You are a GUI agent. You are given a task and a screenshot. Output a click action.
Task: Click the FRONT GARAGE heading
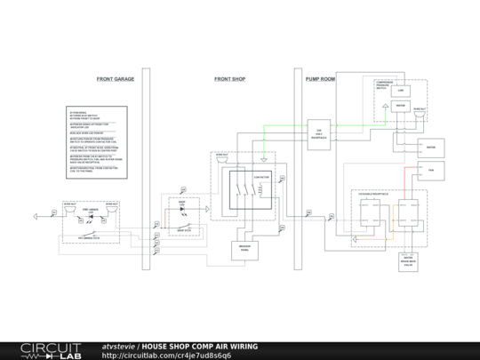click(116, 79)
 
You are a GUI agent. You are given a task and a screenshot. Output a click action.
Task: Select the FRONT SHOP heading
click(230, 79)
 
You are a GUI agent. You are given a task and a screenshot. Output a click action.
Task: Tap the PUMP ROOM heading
click(320, 79)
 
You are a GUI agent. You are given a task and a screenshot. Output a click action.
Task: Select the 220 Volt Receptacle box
click(319, 133)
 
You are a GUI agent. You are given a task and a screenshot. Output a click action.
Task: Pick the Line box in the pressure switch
click(401, 91)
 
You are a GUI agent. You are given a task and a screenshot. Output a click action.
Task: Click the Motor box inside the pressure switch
click(401, 107)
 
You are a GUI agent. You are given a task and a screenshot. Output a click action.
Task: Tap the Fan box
click(430, 170)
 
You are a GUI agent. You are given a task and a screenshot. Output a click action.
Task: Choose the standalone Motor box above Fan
click(430, 147)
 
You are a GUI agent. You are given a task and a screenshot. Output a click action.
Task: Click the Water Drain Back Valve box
click(408, 261)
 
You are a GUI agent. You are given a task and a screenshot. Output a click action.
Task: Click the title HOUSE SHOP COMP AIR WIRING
click(199, 346)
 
